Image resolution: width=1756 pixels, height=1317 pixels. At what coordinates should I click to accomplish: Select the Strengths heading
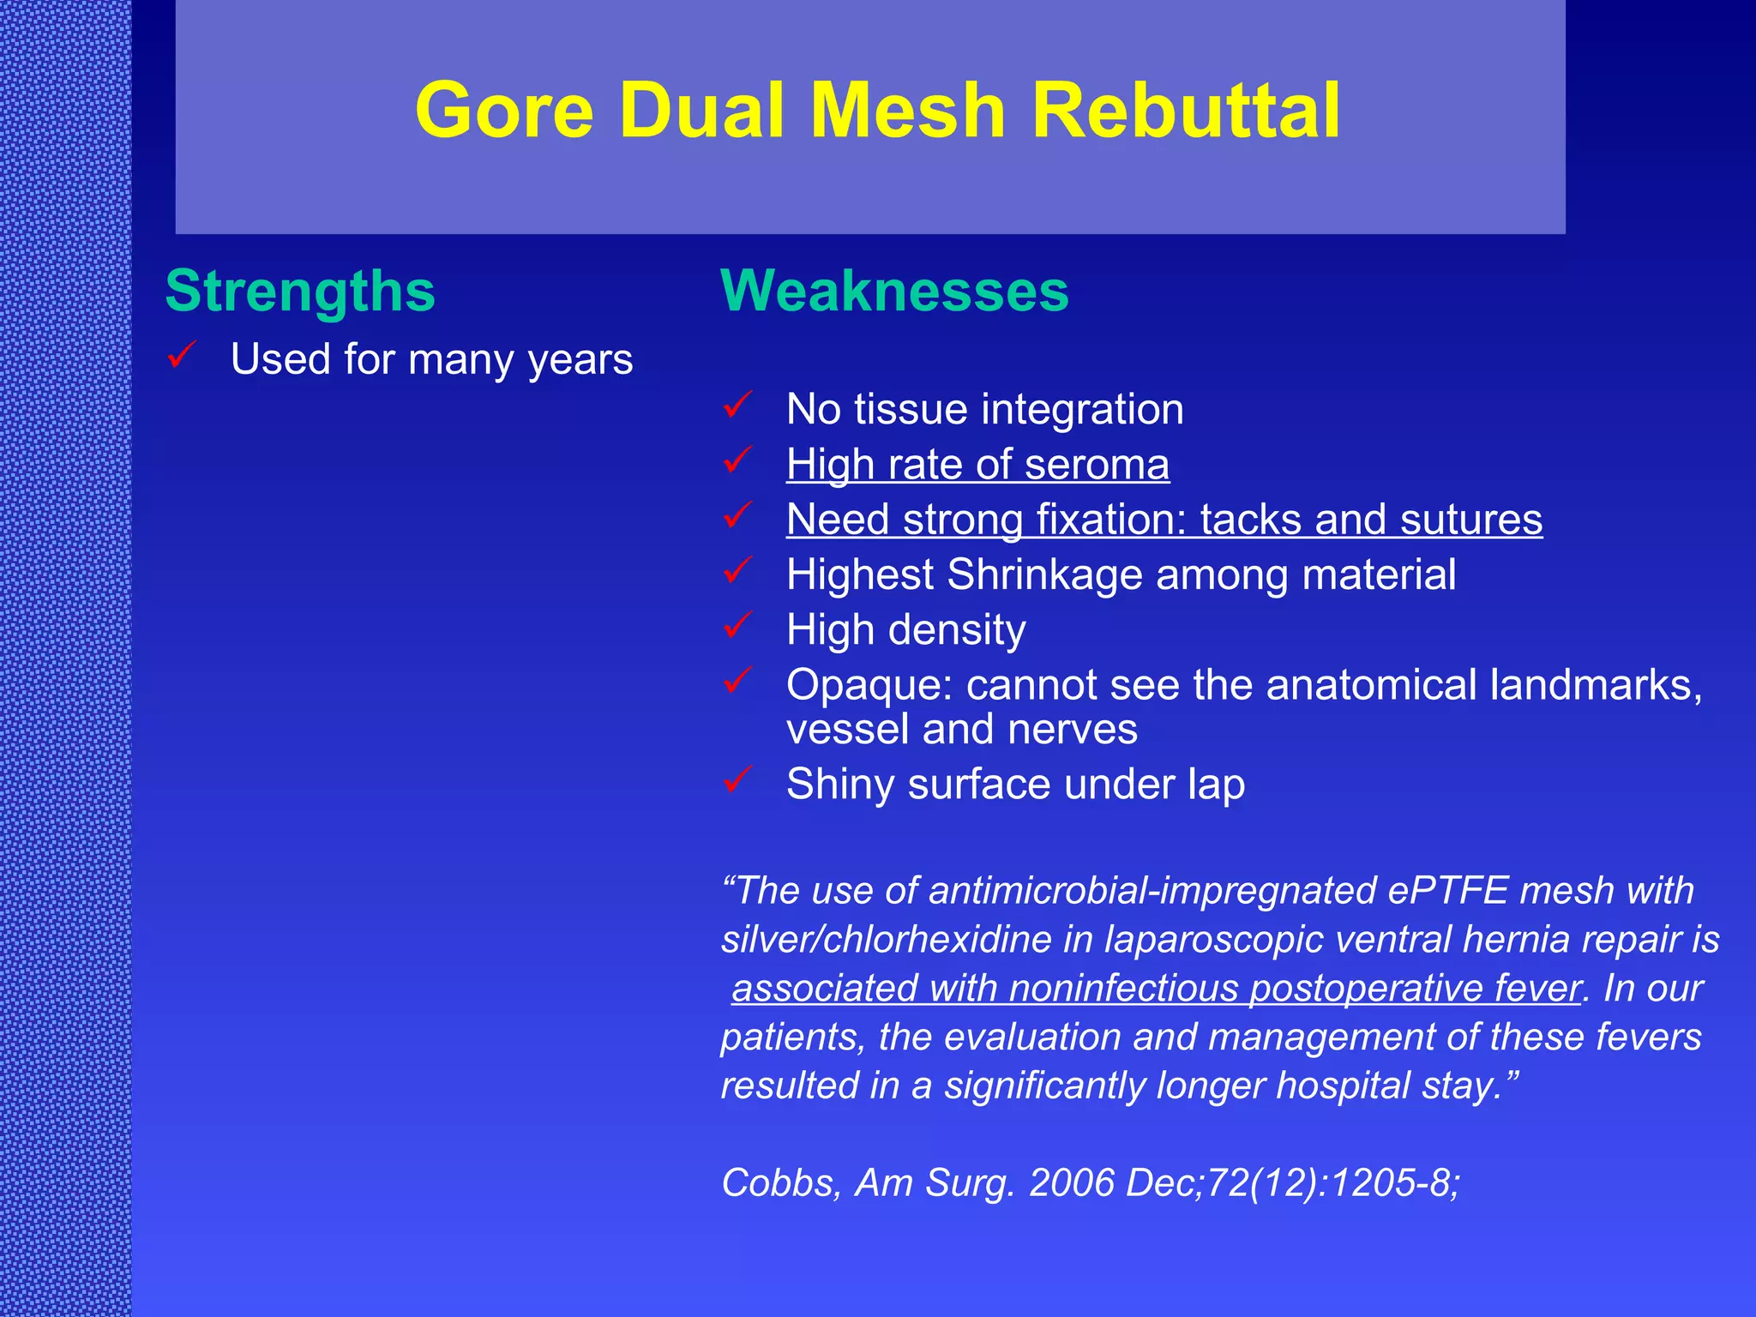pyautogui.click(x=300, y=291)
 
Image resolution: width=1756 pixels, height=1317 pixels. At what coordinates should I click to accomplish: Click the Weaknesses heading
pyautogui.click(x=894, y=291)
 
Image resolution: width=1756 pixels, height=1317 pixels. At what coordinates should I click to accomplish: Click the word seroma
pyautogui.click(x=1097, y=465)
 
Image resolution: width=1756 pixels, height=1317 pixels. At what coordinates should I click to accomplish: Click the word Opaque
pyautogui.click(x=870, y=685)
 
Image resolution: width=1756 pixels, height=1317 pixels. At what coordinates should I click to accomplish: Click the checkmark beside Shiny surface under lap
pyautogui.click(x=738, y=779)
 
